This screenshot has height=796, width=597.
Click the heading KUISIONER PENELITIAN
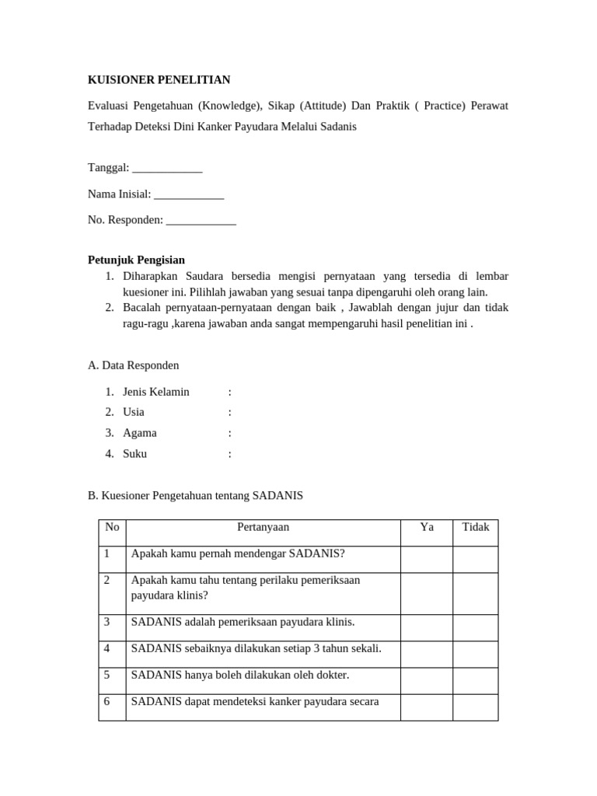tap(159, 79)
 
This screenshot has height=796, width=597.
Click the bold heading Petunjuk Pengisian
tap(136, 260)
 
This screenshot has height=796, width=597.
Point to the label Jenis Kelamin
tap(155, 392)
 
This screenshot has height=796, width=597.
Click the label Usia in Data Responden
tap(134, 412)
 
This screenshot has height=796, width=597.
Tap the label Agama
tap(140, 433)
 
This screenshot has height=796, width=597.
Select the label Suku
tap(134, 454)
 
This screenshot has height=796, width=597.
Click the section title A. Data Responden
tap(134, 365)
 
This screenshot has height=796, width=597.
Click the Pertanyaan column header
tap(263, 527)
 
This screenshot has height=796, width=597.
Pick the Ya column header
tap(427, 527)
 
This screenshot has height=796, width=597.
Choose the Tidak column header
tap(476, 527)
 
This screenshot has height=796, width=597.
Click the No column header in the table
tap(112, 527)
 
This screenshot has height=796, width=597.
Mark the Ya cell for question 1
tap(427, 559)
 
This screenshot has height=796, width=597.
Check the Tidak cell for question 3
tap(476, 627)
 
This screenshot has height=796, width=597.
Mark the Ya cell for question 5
tap(427, 680)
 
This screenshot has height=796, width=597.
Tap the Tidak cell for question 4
tap(476, 654)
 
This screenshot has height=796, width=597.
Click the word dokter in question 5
tap(332, 676)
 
